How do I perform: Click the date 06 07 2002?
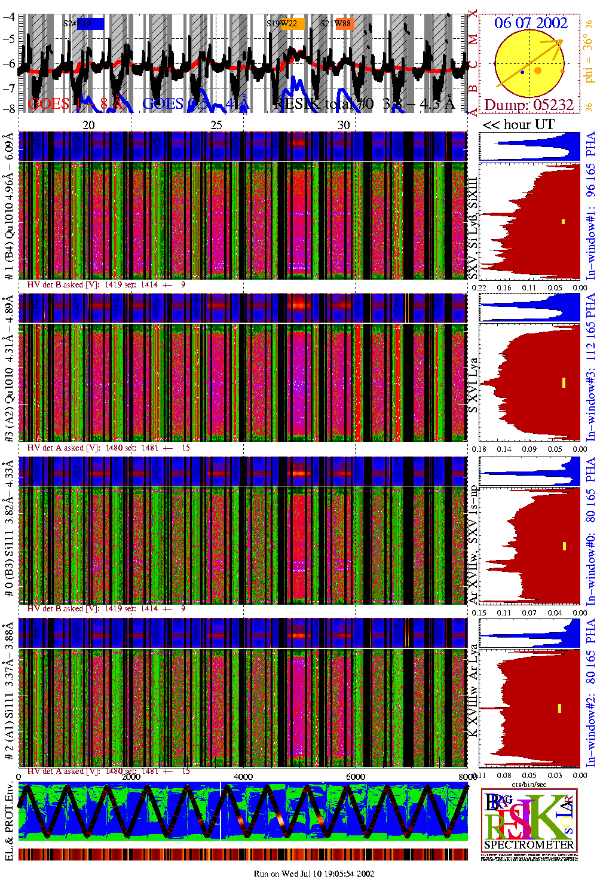(x=531, y=23)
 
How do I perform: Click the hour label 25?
(x=216, y=125)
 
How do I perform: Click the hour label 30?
(x=344, y=125)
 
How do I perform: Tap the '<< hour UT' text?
(x=519, y=125)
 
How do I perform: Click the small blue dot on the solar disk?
(x=522, y=72)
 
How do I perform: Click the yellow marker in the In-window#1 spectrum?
(x=563, y=222)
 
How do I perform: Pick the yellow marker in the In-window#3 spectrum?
(x=564, y=382)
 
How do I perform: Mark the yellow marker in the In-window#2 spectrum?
(x=560, y=708)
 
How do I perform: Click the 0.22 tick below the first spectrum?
(x=480, y=287)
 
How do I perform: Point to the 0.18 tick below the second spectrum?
(x=480, y=449)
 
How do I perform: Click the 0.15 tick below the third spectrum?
(x=480, y=612)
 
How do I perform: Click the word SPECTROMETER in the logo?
(x=529, y=845)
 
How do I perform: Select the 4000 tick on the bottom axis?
(x=243, y=777)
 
